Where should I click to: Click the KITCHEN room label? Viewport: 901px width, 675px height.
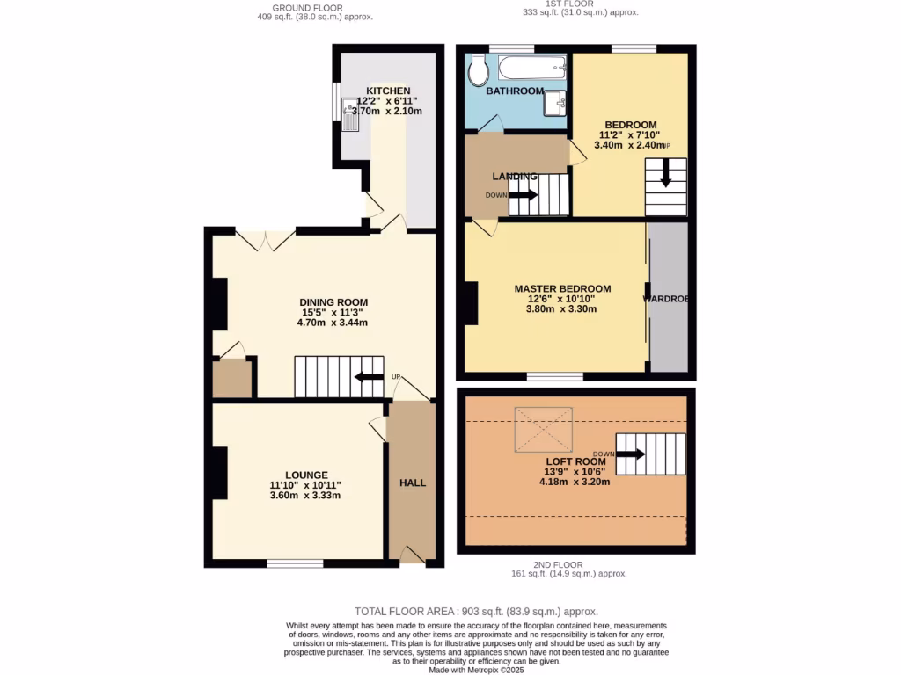coord(388,91)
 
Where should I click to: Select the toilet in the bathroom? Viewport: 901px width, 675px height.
coord(478,70)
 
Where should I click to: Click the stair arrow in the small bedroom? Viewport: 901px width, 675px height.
coord(665,172)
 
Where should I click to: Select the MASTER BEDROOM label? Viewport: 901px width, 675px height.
coord(562,288)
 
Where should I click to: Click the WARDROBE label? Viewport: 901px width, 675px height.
coord(666,299)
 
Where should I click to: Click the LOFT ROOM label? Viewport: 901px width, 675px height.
coord(575,461)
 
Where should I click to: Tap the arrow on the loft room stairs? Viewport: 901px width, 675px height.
coord(630,454)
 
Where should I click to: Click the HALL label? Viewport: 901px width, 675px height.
coord(413,483)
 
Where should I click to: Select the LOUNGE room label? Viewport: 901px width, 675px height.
coord(305,475)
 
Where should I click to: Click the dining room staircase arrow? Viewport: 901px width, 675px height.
coord(363,378)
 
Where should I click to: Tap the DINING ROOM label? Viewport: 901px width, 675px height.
coord(333,302)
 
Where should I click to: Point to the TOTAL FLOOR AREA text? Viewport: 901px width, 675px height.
coord(476,611)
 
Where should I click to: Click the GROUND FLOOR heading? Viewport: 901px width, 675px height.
coord(307,8)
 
